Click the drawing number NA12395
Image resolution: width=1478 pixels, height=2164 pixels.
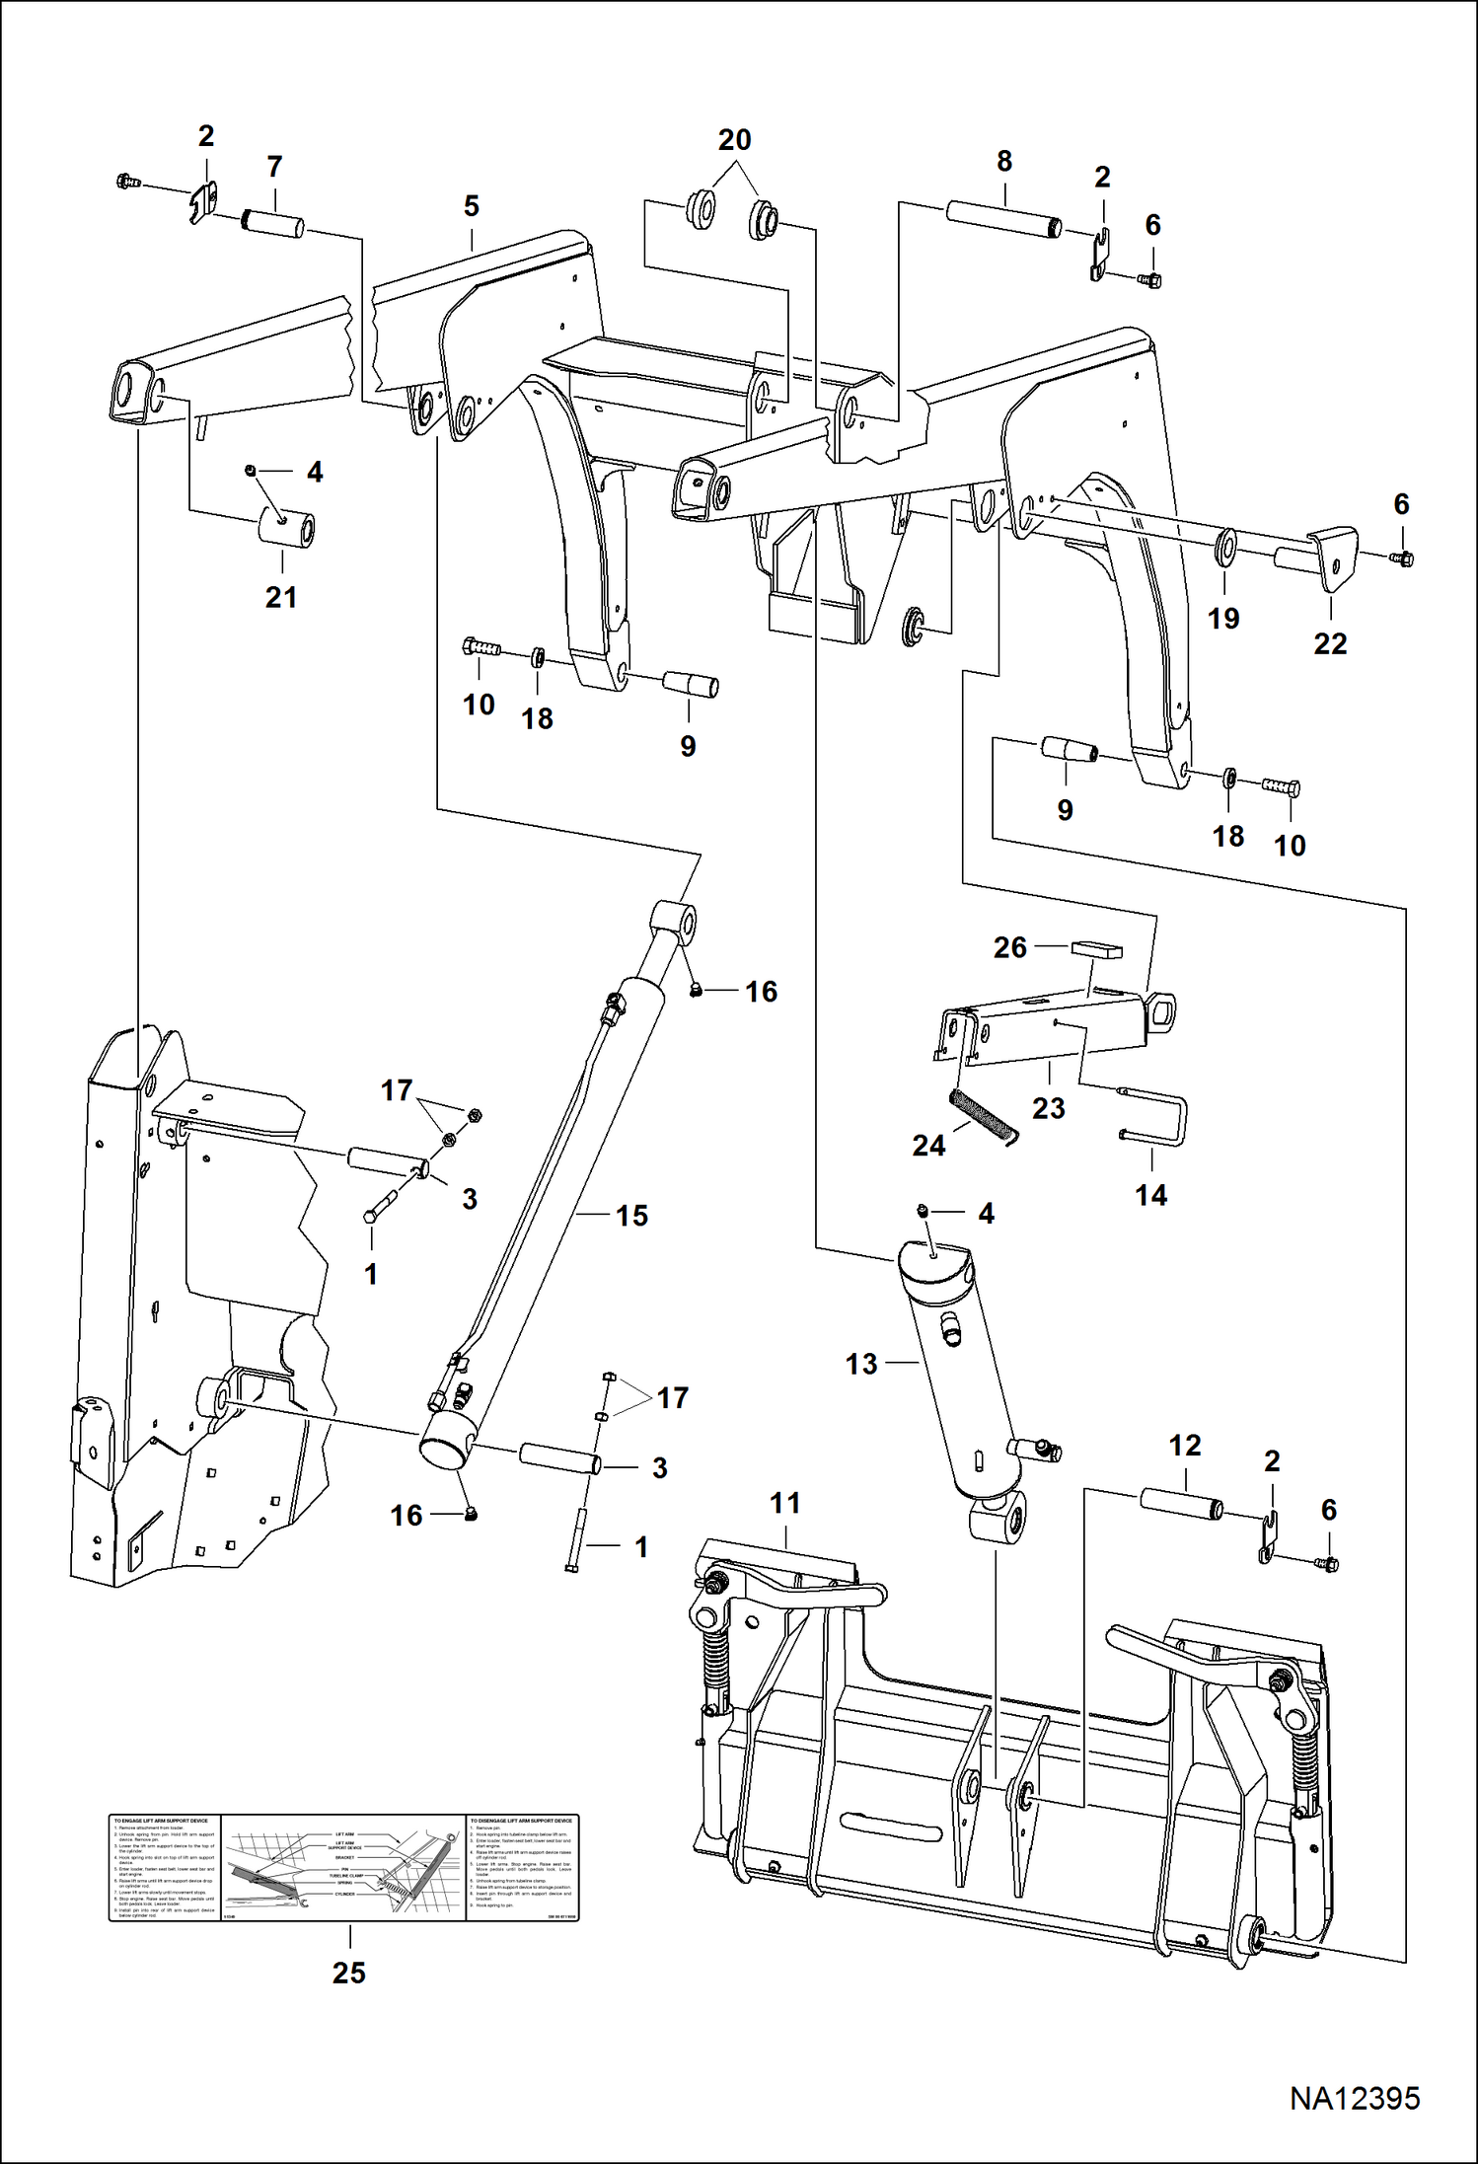point(1354,2098)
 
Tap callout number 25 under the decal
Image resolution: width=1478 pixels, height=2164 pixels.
point(348,1973)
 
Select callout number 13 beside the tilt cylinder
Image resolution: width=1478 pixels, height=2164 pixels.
point(860,1364)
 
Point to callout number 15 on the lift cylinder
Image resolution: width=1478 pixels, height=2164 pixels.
point(631,1216)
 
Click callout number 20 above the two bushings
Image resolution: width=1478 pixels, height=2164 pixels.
point(734,140)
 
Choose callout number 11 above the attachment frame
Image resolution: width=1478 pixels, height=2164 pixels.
point(784,1503)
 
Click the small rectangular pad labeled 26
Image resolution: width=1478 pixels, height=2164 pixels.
point(1096,949)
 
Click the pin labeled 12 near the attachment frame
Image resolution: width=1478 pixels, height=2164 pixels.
point(1182,1505)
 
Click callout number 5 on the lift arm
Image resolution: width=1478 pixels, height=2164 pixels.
point(471,206)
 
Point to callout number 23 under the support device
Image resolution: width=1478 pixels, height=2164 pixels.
point(1048,1108)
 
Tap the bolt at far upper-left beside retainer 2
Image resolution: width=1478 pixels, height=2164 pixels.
point(127,182)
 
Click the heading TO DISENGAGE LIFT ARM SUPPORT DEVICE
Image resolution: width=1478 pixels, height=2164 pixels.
point(521,1821)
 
